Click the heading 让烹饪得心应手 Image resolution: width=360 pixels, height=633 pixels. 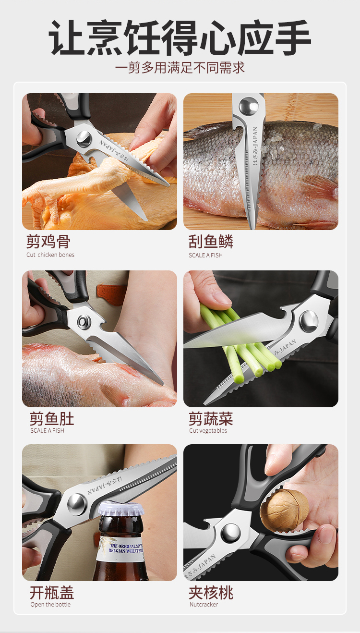tap(180, 37)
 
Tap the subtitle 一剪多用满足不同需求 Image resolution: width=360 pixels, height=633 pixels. tap(180, 68)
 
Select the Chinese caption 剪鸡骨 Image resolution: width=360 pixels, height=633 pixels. tap(48, 242)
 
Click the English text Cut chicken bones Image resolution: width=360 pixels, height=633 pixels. tap(50, 255)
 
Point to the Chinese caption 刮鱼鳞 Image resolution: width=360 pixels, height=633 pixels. tap(211, 242)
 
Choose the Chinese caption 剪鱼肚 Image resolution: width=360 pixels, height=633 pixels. tap(52, 419)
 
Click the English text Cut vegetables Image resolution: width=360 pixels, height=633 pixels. tap(208, 431)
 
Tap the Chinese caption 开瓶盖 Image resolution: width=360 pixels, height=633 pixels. tap(52, 593)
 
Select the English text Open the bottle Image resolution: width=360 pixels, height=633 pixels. tap(50, 605)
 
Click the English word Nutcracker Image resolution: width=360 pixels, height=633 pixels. tap(204, 605)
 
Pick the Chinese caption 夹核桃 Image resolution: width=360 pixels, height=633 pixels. tap(211, 593)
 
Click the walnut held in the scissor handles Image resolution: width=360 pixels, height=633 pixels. tap(284, 511)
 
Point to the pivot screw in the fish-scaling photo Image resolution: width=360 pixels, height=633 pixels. tap(249, 106)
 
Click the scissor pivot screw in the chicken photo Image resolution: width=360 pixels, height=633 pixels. tap(84, 139)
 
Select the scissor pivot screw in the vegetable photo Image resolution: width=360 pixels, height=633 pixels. tap(309, 321)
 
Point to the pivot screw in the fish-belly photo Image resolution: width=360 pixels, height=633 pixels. tap(84, 321)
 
